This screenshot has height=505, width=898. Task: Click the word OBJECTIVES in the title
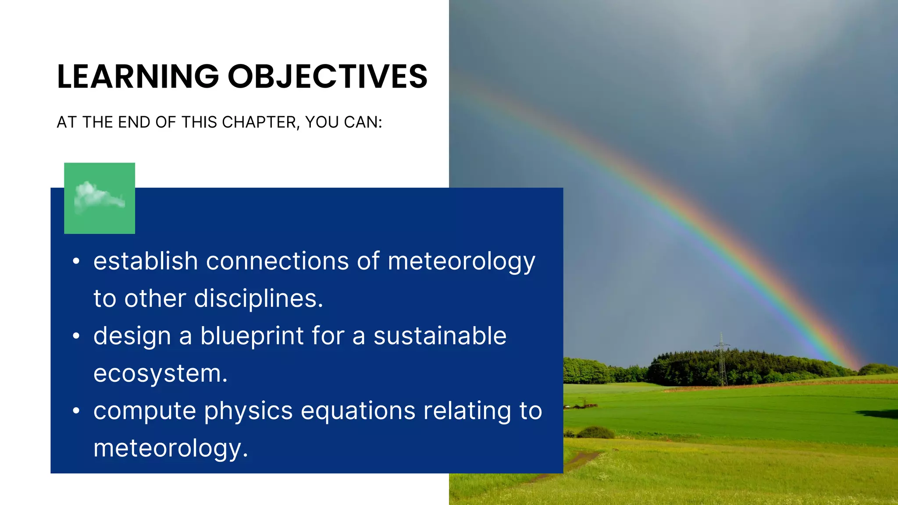coord(327,77)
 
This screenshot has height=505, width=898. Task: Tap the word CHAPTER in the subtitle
coord(259,122)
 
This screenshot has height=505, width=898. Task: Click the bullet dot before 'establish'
coord(76,261)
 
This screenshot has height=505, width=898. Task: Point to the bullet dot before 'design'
coord(76,336)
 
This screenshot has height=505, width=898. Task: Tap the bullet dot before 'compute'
coord(76,411)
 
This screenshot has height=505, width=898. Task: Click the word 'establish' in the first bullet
coord(146,261)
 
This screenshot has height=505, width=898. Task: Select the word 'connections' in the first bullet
coord(277,261)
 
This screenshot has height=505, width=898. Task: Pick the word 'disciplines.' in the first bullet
coord(258,299)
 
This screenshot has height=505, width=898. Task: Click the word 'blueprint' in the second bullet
coord(252,336)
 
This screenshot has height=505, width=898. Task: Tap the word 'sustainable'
coord(440,336)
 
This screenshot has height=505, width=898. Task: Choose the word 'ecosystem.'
coord(160,373)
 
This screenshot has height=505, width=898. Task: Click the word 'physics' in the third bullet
coord(248,412)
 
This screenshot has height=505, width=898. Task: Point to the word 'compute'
coord(145,412)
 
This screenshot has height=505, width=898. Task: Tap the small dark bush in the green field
coord(595,433)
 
